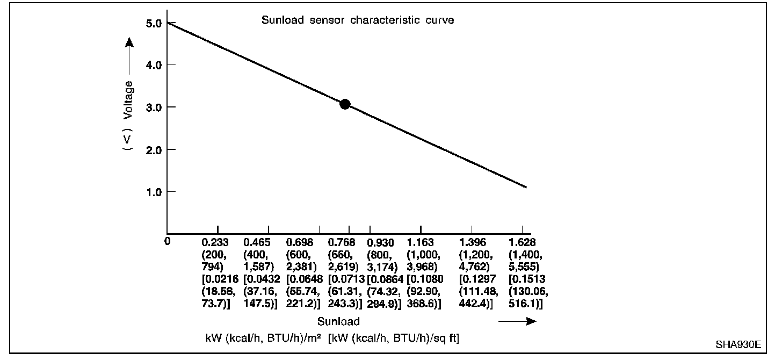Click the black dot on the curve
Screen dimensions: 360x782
click(345, 104)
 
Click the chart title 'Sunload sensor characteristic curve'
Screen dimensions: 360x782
click(358, 21)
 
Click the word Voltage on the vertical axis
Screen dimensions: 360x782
click(128, 99)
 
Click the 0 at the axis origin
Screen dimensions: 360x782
click(168, 241)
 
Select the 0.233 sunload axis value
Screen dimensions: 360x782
click(214, 243)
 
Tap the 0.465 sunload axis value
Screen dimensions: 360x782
click(257, 243)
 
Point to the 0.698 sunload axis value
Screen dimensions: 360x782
click(300, 243)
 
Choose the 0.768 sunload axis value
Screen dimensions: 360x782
click(342, 243)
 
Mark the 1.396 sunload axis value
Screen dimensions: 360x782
click(472, 243)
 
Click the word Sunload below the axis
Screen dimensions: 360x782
click(338, 322)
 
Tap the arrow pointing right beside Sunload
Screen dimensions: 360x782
click(517, 321)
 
